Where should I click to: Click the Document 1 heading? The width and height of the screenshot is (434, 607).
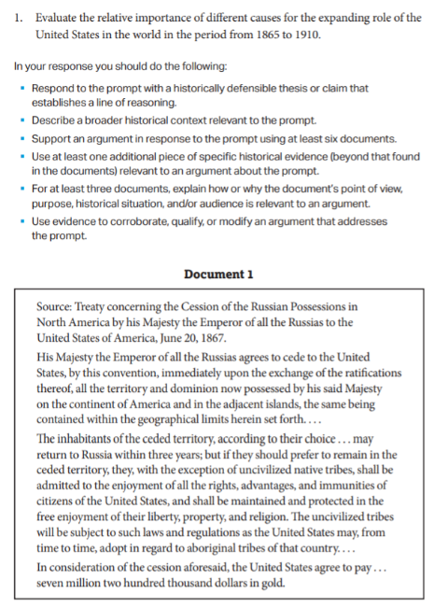pos(218,274)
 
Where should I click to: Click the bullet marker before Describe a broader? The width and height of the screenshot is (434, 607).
pos(23,121)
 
